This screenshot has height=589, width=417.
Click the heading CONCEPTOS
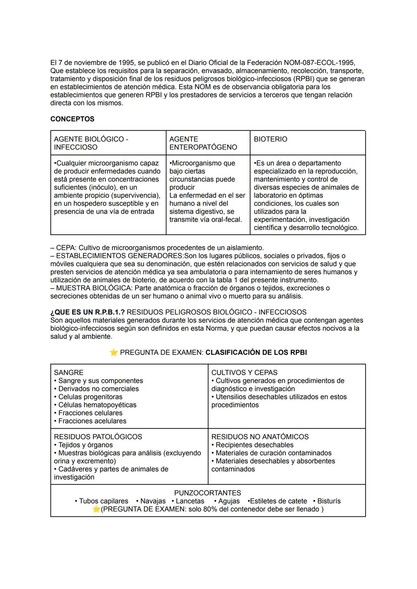(x=72, y=119)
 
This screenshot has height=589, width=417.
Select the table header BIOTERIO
(x=270, y=139)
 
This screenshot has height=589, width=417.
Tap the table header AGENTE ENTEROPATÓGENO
(x=203, y=143)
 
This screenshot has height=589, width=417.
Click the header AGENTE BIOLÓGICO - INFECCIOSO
(x=91, y=143)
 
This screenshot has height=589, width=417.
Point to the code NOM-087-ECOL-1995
(x=319, y=63)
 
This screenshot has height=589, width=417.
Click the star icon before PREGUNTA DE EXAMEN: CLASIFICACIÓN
(x=114, y=352)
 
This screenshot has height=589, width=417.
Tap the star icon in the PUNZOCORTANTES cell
(x=97, y=509)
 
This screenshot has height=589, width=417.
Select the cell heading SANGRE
(x=68, y=372)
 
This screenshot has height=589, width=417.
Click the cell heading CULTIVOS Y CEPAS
(x=244, y=372)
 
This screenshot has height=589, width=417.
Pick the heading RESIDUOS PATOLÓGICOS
(x=98, y=436)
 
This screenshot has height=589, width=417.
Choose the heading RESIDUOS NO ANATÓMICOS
(x=260, y=436)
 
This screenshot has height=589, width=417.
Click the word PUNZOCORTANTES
(x=207, y=493)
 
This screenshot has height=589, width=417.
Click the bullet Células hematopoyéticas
(x=97, y=405)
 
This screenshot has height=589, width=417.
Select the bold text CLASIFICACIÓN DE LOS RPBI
(x=256, y=352)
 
